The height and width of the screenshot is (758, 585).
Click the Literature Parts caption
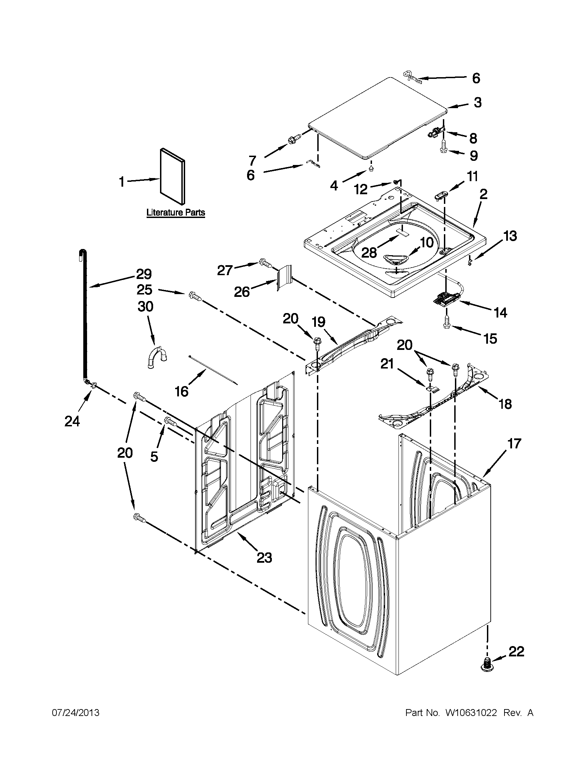(x=175, y=212)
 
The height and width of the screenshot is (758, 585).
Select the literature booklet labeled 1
(x=173, y=176)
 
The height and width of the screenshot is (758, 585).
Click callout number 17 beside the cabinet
(x=514, y=444)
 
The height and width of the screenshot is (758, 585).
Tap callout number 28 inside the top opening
(x=369, y=253)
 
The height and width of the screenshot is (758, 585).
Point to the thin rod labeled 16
(x=213, y=370)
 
